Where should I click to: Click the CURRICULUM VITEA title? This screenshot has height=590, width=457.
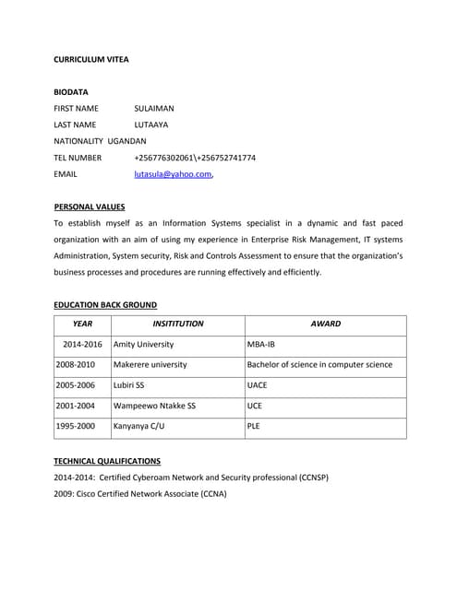click(91, 59)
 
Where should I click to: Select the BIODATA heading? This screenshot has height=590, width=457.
click(71, 92)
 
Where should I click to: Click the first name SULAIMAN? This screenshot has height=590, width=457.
click(154, 109)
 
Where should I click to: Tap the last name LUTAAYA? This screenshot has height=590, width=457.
click(151, 124)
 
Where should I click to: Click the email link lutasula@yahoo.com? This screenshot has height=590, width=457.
click(173, 173)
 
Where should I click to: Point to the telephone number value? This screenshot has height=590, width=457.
click(195, 158)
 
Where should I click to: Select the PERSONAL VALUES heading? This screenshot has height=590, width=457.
click(90, 206)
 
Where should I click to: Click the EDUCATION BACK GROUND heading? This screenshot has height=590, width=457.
click(105, 304)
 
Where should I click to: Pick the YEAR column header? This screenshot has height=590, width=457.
click(82, 324)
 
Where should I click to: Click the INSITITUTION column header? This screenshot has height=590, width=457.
click(177, 324)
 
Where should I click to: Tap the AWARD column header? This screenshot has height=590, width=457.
click(325, 324)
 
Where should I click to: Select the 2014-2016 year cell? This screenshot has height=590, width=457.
click(82, 344)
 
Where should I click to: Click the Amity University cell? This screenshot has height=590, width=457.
click(143, 344)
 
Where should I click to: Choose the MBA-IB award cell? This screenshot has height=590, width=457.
click(261, 344)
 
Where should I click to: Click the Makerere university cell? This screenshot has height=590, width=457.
click(150, 364)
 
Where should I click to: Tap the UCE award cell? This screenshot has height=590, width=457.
click(256, 406)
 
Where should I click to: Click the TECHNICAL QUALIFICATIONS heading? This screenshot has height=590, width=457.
click(107, 461)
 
